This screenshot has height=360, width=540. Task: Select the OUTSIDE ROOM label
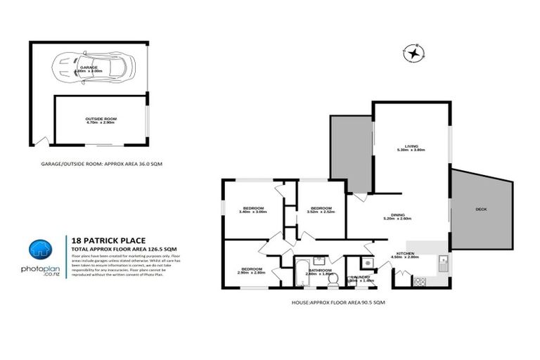click(101, 119)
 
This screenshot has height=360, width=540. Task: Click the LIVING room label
click(411, 146)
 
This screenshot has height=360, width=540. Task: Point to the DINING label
click(400, 216)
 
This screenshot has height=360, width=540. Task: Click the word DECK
click(482, 209)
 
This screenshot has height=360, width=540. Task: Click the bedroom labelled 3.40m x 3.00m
click(253, 209)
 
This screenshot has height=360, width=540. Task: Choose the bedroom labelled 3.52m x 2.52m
click(321, 208)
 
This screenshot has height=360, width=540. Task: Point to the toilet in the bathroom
click(333, 278)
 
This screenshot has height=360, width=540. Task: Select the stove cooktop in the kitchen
click(421, 281)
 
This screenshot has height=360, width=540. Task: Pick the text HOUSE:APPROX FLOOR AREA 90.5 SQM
click(338, 302)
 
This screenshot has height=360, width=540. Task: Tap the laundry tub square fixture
click(368, 262)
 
